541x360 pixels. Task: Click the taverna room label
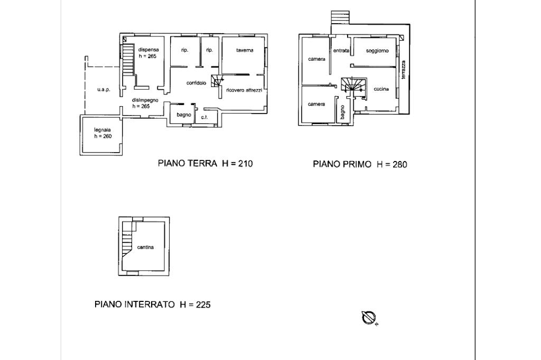tap(245, 50)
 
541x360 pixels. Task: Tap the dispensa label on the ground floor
tap(148, 50)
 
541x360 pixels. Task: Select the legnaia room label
tap(102, 130)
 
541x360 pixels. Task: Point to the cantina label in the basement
tap(145, 247)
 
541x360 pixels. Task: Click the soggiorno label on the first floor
tap(377, 51)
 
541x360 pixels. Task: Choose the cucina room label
tap(381, 89)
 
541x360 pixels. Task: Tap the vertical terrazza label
tap(403, 70)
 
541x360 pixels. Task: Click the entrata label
tap(341, 51)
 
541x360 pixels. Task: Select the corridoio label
tap(197, 83)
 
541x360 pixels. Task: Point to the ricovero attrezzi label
tap(244, 90)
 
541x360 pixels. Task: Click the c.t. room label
tap(204, 117)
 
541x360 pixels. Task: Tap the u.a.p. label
tap(104, 90)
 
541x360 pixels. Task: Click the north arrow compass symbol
tap(369, 318)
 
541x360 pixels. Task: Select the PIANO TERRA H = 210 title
tap(206, 164)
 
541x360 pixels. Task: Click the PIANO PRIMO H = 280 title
tap(360, 164)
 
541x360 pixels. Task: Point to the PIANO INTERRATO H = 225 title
tap(153, 305)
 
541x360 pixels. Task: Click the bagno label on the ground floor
tap(183, 115)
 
